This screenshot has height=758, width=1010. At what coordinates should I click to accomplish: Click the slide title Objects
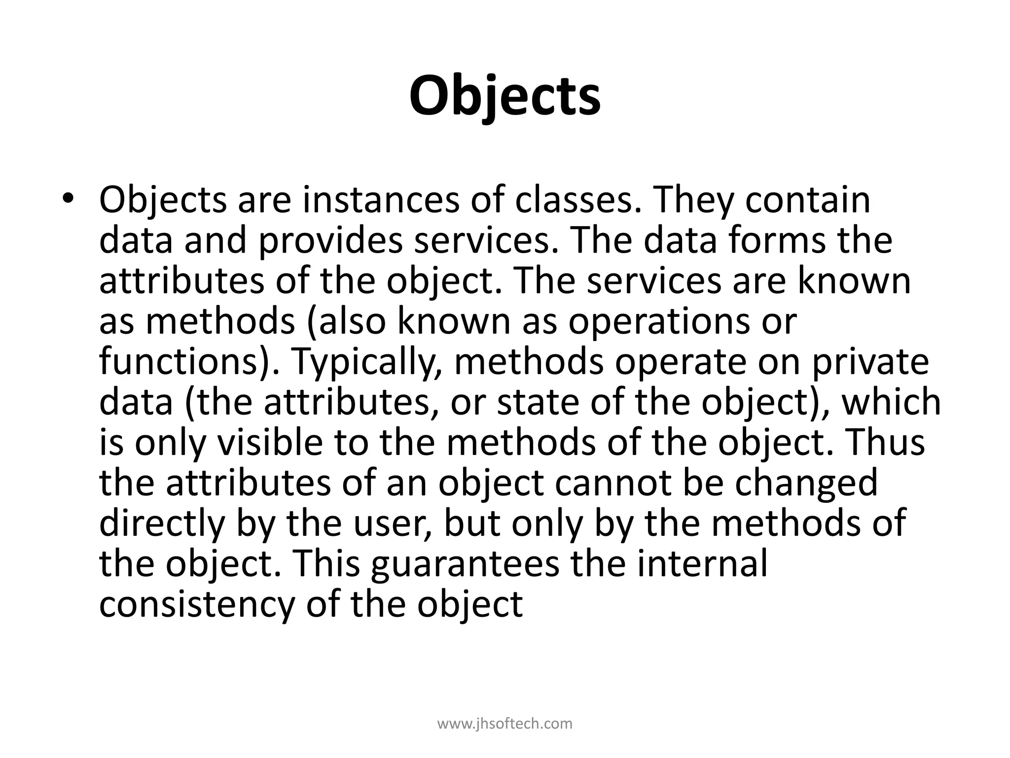[505, 95]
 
